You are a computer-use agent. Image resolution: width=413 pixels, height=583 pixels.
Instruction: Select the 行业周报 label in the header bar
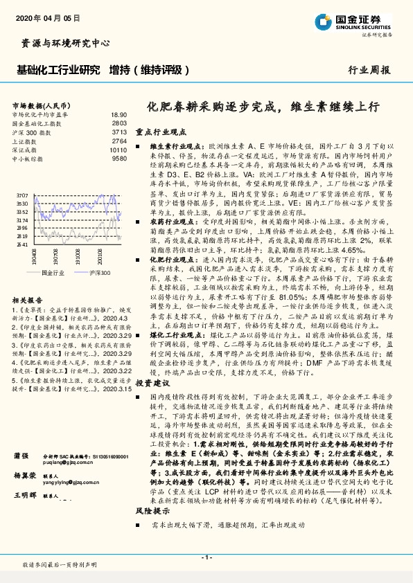pos(369,70)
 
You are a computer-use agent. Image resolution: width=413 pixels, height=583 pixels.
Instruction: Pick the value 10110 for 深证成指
pos(118,150)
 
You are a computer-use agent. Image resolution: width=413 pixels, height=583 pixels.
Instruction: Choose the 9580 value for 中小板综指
pos(119,159)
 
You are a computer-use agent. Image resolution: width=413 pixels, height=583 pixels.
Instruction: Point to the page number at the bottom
pos(206,557)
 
